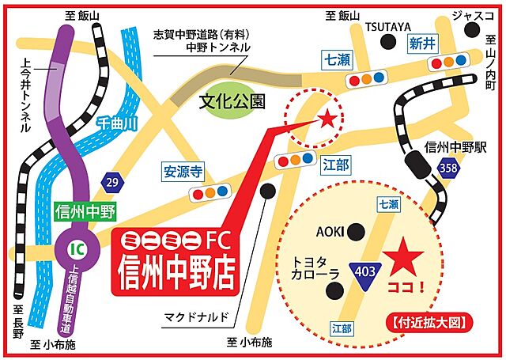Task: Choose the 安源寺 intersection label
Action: tap(184, 169)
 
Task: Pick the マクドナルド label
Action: tap(197, 317)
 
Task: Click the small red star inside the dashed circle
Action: tap(325, 119)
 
